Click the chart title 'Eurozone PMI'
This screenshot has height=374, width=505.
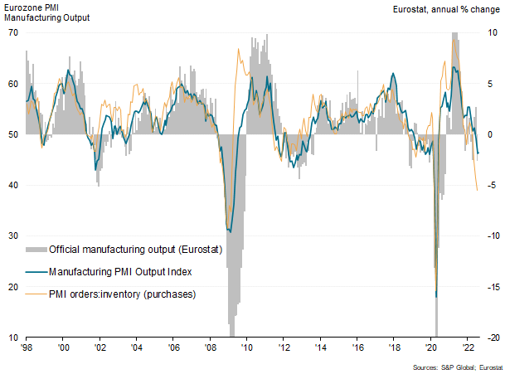32,7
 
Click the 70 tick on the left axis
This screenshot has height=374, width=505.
13,32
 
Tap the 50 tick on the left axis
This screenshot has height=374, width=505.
13,134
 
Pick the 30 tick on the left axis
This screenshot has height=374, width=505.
13,236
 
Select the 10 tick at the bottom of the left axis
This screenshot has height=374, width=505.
13,338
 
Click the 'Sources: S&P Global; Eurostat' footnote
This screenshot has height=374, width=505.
457,367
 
